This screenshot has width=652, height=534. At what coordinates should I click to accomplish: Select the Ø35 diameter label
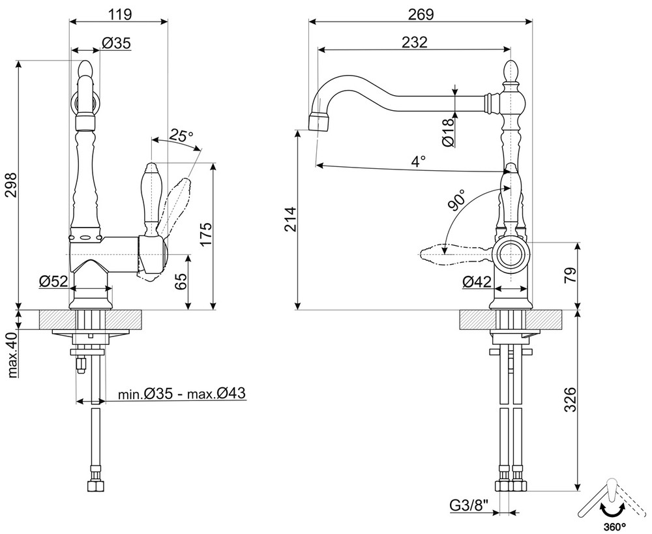[x=117, y=44]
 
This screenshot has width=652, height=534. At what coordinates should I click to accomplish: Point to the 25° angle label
[x=181, y=136]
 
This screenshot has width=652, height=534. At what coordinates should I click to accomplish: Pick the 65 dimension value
[x=181, y=281]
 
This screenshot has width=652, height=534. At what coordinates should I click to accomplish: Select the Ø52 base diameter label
[x=53, y=281]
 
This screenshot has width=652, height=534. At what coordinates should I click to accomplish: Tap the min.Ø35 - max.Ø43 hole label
[x=181, y=394]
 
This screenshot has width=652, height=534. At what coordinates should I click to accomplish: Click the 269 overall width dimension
[x=421, y=13]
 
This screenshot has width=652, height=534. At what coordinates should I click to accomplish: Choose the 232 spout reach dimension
[x=415, y=42]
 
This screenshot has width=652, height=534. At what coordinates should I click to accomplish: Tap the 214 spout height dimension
[x=289, y=220]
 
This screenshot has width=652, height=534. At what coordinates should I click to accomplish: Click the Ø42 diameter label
[x=477, y=282]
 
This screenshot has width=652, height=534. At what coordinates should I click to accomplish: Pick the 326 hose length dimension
[x=569, y=399]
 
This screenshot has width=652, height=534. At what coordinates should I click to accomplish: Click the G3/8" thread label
[x=467, y=505]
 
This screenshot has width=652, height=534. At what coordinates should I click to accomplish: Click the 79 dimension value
[x=569, y=274]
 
